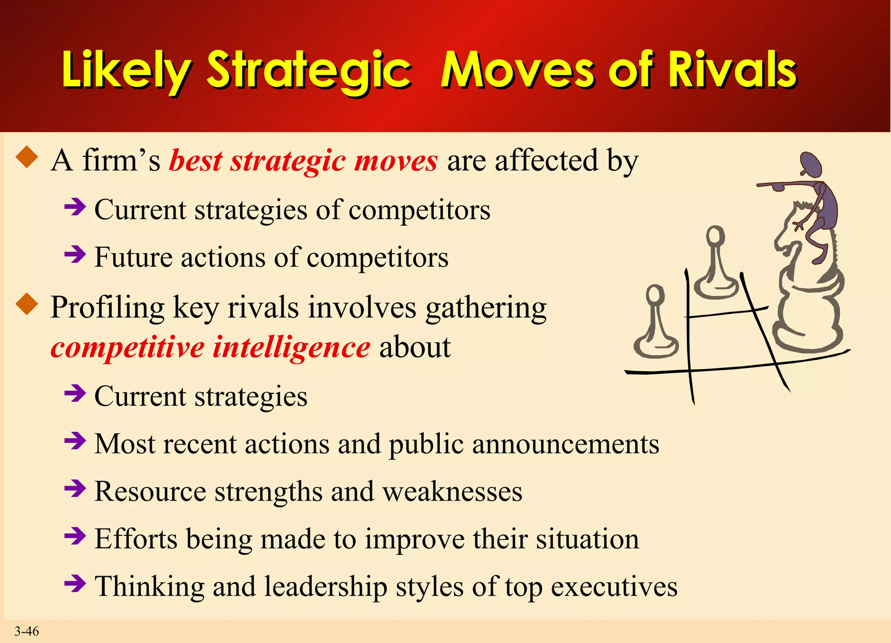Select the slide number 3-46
click(27, 631)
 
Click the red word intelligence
click(291, 348)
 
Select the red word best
click(196, 160)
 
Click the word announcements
click(566, 444)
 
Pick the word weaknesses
click(452, 492)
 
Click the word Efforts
click(136, 539)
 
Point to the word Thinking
click(150, 586)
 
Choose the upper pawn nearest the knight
click(716, 265)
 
